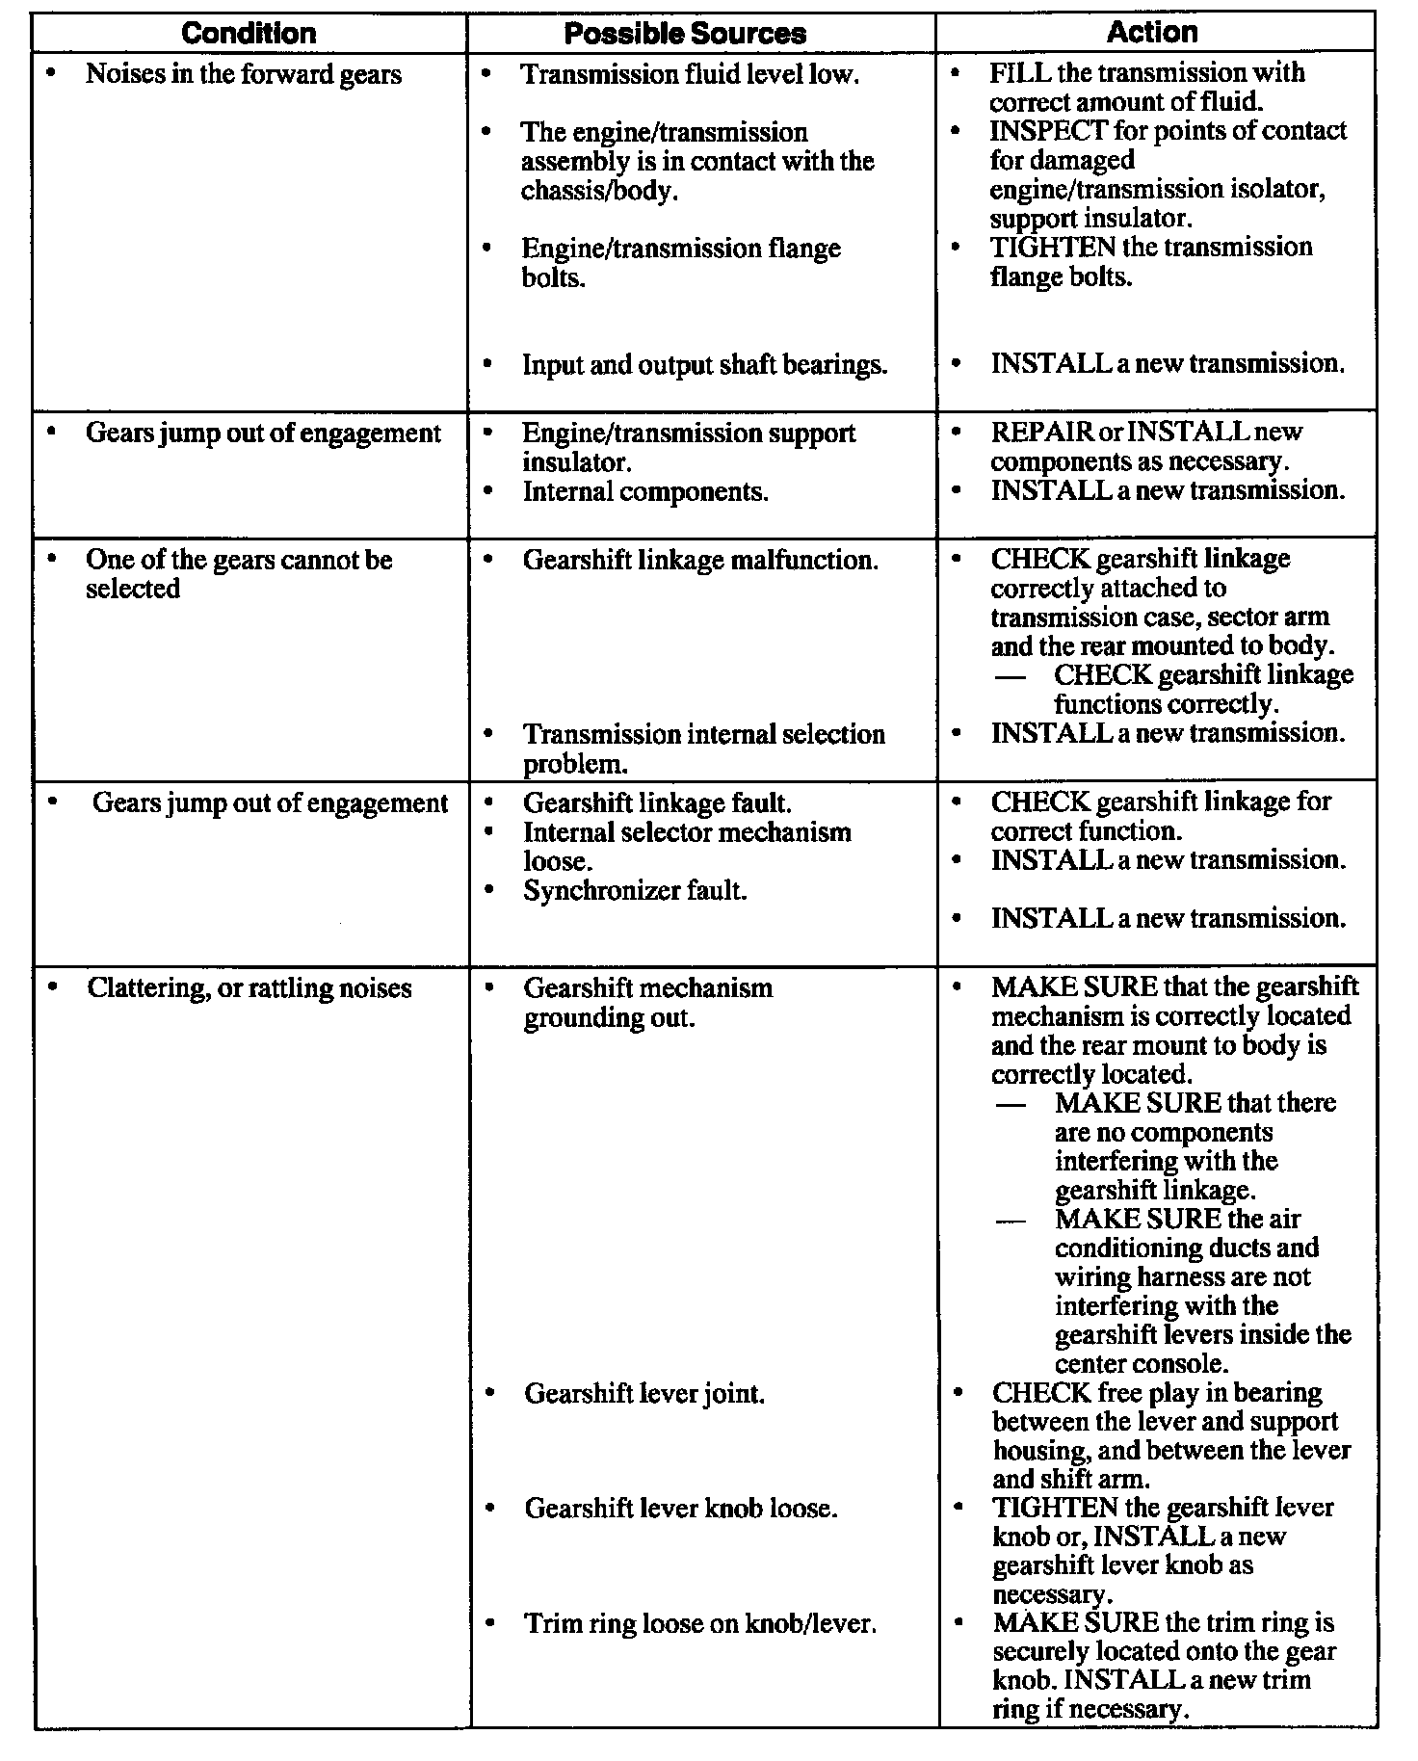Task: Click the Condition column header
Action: point(249,34)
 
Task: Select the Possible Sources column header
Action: point(685,34)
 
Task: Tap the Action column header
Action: point(1152,32)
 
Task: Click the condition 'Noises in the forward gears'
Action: point(243,74)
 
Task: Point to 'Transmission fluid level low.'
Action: point(690,75)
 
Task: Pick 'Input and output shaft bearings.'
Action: point(704,365)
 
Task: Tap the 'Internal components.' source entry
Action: point(645,491)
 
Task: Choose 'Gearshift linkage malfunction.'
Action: point(700,560)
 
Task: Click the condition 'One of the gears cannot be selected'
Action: point(238,574)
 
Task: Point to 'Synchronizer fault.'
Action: point(635,890)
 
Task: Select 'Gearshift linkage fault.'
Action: point(657,802)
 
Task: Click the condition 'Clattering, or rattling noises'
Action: point(249,988)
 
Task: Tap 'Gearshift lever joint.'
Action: point(644,1393)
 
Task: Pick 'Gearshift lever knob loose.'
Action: point(680,1508)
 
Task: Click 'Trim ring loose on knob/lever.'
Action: point(700,1623)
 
